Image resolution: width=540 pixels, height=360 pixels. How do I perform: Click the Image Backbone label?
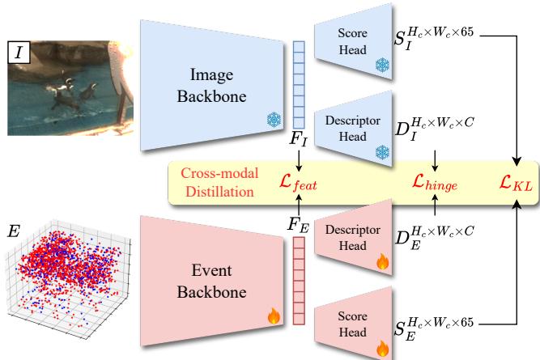click(212, 86)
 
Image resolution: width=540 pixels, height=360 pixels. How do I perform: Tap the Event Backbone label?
click(212, 282)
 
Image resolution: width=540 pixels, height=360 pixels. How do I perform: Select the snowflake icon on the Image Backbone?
click(274, 120)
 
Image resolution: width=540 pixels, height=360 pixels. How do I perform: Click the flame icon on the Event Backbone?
click(274, 316)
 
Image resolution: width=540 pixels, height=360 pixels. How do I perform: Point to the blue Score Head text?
click(352, 41)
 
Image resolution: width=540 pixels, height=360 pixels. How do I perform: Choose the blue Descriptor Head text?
click(353, 129)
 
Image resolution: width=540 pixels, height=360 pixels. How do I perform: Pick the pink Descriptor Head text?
click(353, 238)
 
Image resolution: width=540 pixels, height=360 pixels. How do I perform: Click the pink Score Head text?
click(352, 324)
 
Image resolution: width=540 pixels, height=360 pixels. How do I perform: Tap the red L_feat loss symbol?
click(298, 182)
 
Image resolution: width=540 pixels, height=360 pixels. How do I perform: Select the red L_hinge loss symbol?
click(435, 182)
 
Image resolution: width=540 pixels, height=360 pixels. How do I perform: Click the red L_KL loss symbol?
click(516, 182)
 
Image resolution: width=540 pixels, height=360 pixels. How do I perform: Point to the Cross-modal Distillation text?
click(219, 182)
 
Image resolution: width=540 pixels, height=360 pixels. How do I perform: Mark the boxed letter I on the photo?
click(19, 53)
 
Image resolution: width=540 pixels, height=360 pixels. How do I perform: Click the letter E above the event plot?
click(14, 231)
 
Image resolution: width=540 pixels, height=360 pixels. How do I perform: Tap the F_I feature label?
click(298, 139)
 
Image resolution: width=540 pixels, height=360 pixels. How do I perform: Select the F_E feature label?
click(298, 226)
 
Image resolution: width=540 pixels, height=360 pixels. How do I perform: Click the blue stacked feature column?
click(299, 85)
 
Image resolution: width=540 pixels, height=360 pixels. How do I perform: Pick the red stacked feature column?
click(299, 281)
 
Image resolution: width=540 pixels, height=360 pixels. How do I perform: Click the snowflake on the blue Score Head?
click(382, 65)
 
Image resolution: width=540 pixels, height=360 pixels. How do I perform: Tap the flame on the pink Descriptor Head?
click(383, 261)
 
